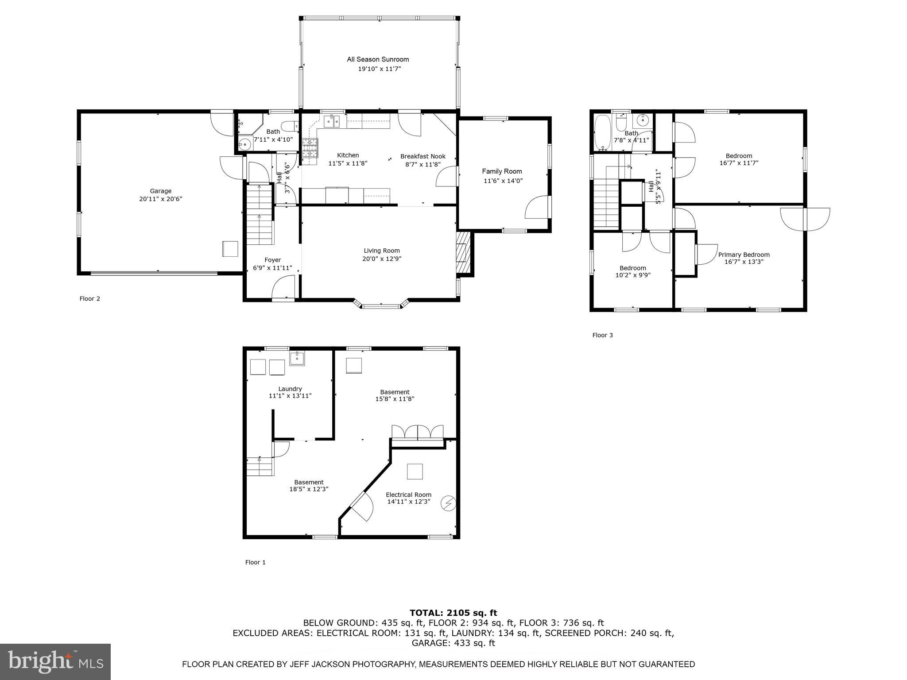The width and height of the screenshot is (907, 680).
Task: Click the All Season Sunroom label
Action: click(x=378, y=59)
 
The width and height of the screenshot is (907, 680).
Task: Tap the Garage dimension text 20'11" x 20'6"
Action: click(x=160, y=199)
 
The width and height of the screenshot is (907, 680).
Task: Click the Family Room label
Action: click(x=502, y=171)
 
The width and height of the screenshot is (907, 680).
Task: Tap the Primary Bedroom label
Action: click(x=744, y=255)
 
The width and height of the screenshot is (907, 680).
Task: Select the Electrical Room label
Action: click(x=408, y=495)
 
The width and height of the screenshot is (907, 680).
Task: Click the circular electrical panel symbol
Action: click(x=449, y=503)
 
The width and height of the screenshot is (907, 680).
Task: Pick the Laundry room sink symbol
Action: click(x=297, y=358)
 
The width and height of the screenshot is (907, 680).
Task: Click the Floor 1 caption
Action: click(x=256, y=562)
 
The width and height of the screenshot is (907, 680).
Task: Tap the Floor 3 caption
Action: click(x=602, y=335)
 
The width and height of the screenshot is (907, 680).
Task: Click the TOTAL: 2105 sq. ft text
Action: click(x=453, y=613)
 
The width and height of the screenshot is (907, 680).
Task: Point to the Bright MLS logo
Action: click(x=55, y=661)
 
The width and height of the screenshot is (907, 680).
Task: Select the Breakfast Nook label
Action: click(x=422, y=156)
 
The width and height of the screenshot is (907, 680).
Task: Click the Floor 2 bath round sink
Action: click(x=244, y=143)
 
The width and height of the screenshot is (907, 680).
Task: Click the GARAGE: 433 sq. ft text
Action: click(x=453, y=643)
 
